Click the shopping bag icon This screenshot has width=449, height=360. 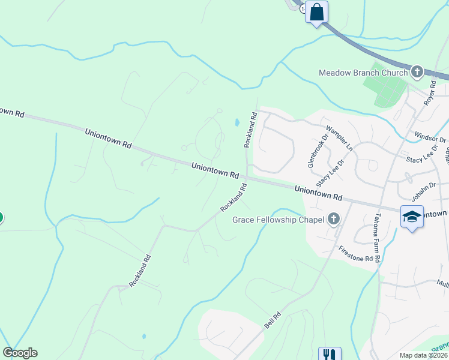point(316,11)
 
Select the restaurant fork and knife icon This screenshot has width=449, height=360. point(329,355)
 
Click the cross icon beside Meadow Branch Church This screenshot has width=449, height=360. point(417,73)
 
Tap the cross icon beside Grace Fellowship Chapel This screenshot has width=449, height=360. point(333,219)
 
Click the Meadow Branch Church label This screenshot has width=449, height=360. point(364,73)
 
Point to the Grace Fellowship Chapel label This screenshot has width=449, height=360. point(278,220)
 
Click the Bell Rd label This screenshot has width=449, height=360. point(273,320)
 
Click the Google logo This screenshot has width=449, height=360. point(20,353)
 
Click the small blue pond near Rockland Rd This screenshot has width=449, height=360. point(237,122)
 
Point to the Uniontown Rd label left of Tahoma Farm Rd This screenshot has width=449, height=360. point(318,193)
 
